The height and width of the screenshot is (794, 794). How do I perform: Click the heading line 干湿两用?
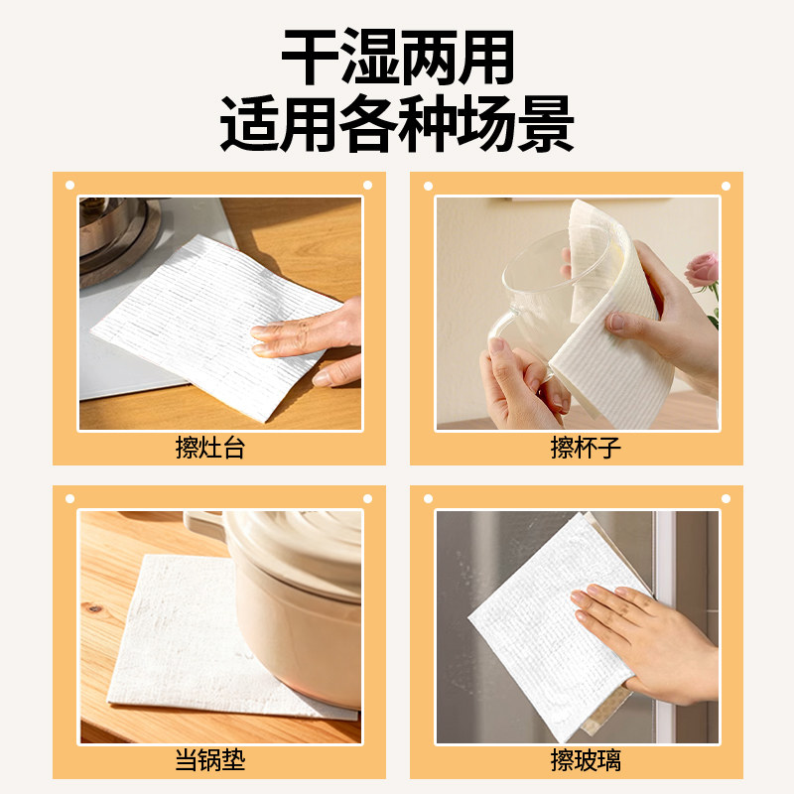point(397,58)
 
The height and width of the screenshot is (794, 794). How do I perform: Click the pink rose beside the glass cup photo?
point(703,269)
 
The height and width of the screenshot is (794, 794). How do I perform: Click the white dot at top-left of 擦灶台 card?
point(69,185)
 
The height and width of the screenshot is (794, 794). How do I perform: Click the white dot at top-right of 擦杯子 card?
point(725,185)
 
